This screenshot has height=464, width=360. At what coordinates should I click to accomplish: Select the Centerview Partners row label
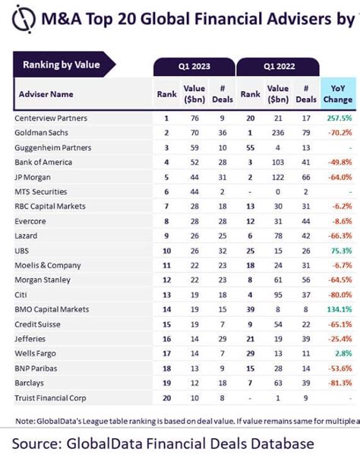[50, 118]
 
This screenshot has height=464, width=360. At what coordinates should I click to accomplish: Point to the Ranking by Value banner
[62, 65]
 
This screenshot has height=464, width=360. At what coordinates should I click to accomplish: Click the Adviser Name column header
[46, 95]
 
